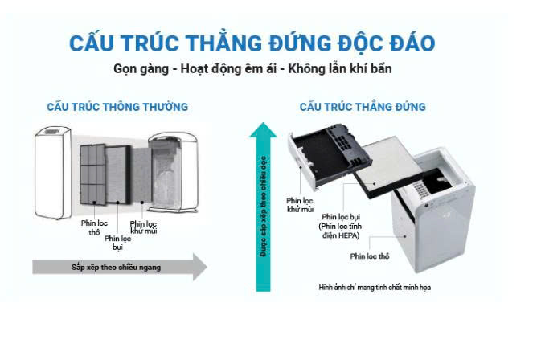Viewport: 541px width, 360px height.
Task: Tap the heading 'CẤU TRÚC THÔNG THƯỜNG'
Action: [117, 107]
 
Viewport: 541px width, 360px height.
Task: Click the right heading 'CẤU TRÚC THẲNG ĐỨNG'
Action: [363, 107]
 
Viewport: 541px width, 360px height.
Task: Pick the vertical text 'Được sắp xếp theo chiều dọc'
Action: [262, 209]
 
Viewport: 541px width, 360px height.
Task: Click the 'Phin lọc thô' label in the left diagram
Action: [93, 227]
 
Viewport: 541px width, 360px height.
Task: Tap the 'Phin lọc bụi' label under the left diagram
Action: [117, 241]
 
